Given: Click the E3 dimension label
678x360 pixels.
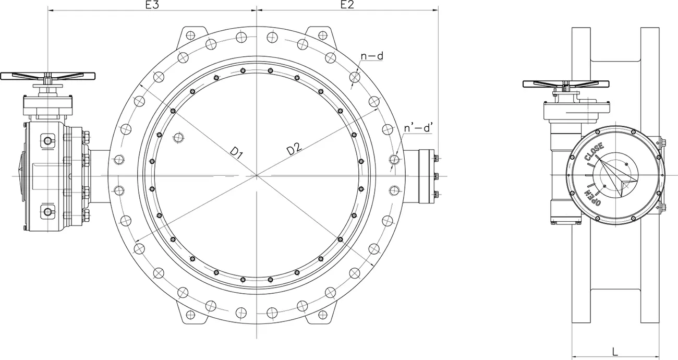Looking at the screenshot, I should (x=152, y=5).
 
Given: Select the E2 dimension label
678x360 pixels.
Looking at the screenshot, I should (x=347, y=5).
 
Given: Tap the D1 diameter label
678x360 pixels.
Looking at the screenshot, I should (x=237, y=152).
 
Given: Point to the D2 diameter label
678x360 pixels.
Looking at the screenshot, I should (x=294, y=149).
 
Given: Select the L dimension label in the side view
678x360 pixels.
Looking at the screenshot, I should (x=615, y=351).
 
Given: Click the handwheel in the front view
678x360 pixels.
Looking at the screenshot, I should (x=48, y=76).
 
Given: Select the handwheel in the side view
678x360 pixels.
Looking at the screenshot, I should (x=565, y=83).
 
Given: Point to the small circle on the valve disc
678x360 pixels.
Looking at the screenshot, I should (x=179, y=137).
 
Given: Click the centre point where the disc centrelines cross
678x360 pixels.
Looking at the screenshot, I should (x=257, y=176).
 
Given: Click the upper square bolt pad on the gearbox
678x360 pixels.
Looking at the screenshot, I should (x=48, y=141).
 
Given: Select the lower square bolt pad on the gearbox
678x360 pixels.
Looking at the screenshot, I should (x=48, y=211).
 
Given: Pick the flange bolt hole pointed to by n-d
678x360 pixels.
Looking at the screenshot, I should (x=355, y=78).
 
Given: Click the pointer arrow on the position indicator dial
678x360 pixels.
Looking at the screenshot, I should (x=621, y=177).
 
